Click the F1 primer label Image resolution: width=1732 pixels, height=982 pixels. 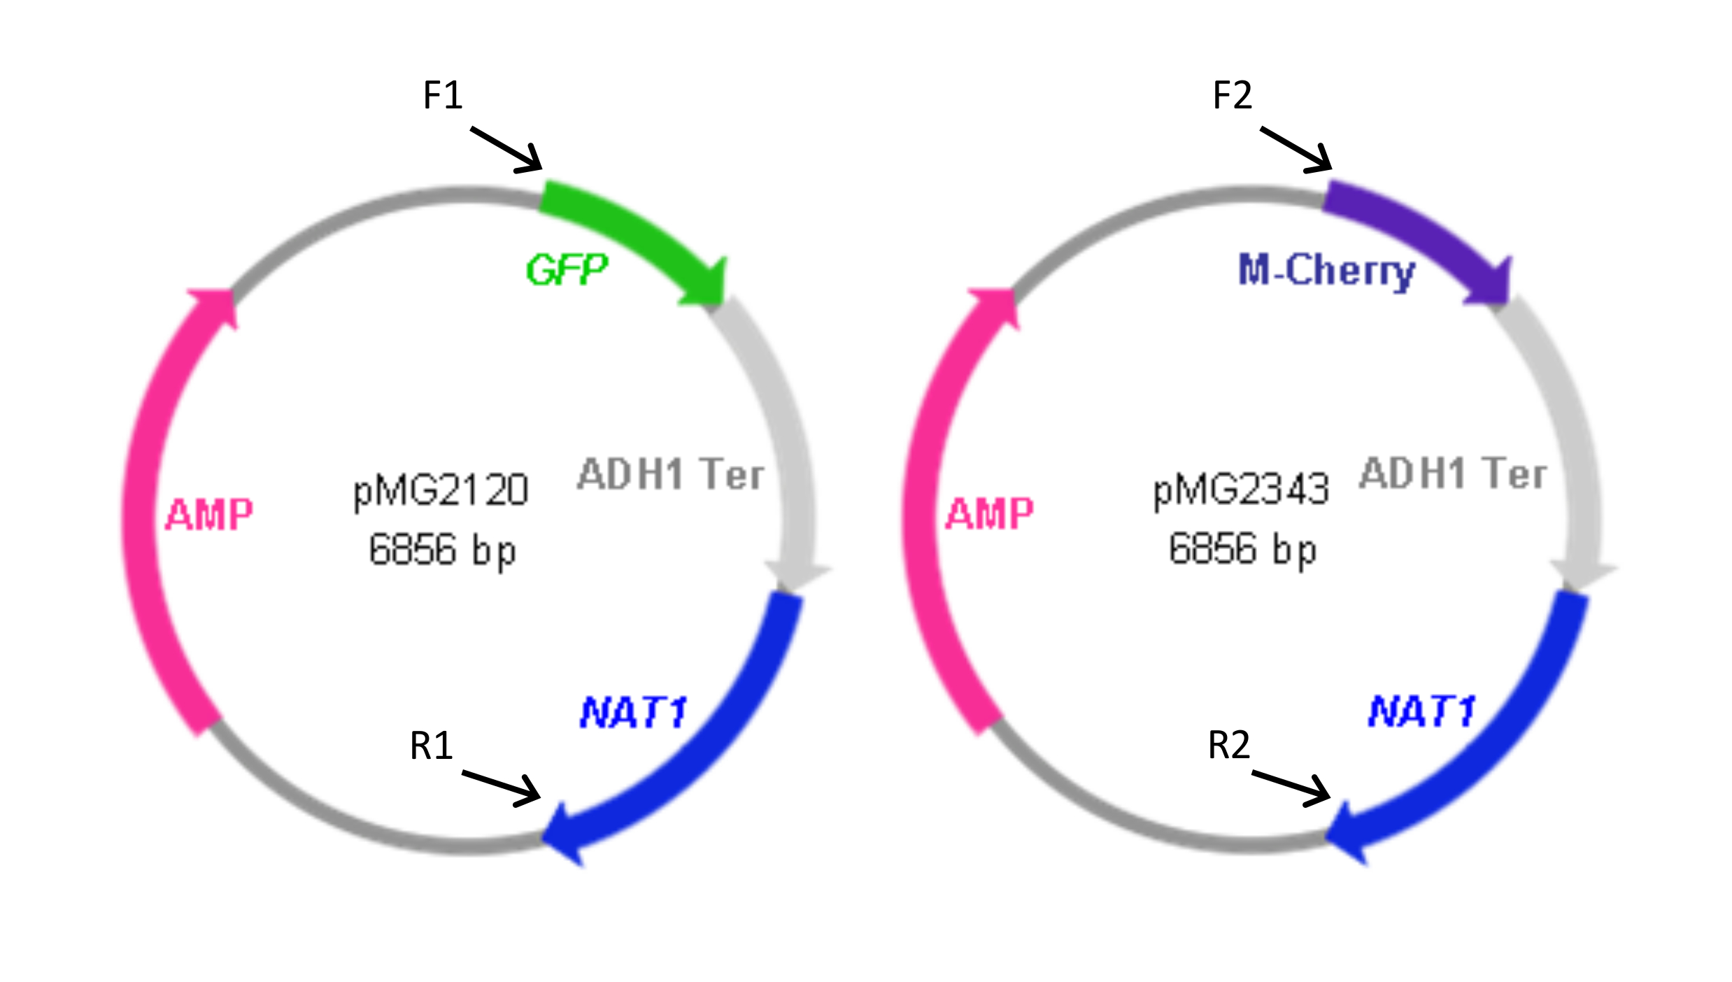[x=443, y=95]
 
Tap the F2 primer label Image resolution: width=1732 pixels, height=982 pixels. [x=1232, y=95]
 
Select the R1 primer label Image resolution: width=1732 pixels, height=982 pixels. [x=431, y=746]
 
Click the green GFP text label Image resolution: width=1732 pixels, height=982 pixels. [x=567, y=270]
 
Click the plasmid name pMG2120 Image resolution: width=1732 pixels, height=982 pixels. [x=441, y=490]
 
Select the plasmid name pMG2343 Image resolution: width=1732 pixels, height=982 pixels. [x=1241, y=490]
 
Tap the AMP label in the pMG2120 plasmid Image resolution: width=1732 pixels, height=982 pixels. [x=209, y=515]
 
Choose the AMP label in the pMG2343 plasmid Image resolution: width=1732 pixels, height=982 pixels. [x=989, y=515]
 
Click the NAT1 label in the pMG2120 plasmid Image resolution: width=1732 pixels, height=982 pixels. [x=634, y=713]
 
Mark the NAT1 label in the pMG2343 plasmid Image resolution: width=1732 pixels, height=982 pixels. [x=1421, y=712]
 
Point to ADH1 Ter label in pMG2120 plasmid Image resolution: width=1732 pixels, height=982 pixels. [x=670, y=474]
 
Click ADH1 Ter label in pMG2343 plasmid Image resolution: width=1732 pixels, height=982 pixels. [x=1452, y=474]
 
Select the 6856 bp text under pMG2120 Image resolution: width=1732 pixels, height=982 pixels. [x=442, y=550]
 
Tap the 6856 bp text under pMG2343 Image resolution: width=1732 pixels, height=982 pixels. [x=1242, y=550]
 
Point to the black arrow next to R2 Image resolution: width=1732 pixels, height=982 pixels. [x=1291, y=789]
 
